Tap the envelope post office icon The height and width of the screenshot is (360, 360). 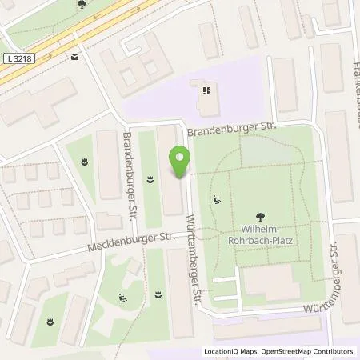74,56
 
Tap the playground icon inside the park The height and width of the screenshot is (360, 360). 217,200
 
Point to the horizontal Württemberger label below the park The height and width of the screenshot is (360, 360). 330,307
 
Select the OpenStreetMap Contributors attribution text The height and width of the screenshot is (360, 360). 310,351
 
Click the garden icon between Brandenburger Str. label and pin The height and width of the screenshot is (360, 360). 150,178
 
